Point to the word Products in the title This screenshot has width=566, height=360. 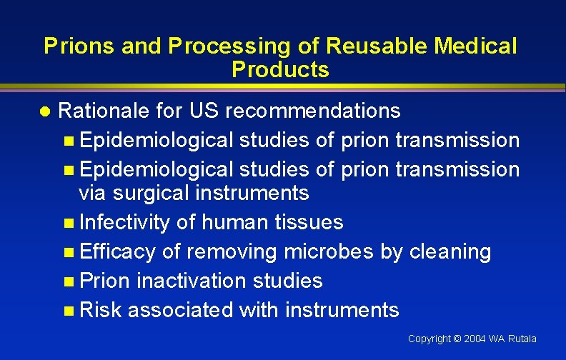[x=280, y=70]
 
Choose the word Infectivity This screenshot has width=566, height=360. [x=124, y=223]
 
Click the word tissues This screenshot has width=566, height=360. [x=309, y=223]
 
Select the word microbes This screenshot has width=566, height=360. [x=327, y=251]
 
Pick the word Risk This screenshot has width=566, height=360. [x=101, y=310]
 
